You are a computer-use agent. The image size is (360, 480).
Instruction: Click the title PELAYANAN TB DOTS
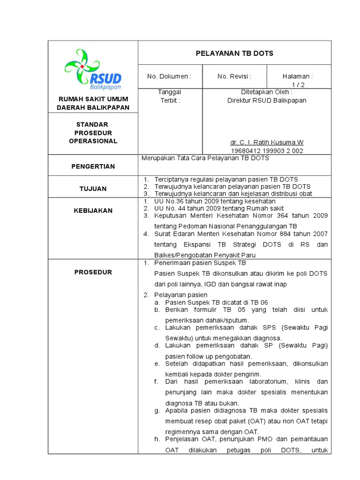click(234, 53)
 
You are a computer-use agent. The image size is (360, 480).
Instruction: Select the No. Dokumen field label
click(169, 76)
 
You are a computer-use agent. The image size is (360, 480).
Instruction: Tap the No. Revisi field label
click(234, 76)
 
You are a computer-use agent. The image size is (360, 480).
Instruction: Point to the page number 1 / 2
click(298, 84)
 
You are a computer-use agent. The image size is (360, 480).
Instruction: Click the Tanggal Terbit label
click(170, 96)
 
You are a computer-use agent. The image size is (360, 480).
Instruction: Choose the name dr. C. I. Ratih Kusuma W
click(267, 142)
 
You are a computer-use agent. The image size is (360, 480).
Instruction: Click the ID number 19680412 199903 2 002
click(267, 150)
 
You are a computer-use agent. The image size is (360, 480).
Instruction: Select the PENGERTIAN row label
click(93, 166)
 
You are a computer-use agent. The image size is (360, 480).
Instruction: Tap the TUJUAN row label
click(93, 188)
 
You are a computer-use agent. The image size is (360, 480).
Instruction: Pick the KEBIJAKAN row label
click(93, 210)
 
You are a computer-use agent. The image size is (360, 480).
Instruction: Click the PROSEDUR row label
click(93, 272)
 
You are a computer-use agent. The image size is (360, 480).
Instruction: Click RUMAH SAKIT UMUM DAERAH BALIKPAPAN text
click(93, 103)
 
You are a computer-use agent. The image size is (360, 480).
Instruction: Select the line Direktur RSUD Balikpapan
click(267, 100)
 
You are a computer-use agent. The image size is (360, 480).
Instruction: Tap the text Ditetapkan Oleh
click(267, 92)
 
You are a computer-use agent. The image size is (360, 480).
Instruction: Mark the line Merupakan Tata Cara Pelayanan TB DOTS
click(205, 158)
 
